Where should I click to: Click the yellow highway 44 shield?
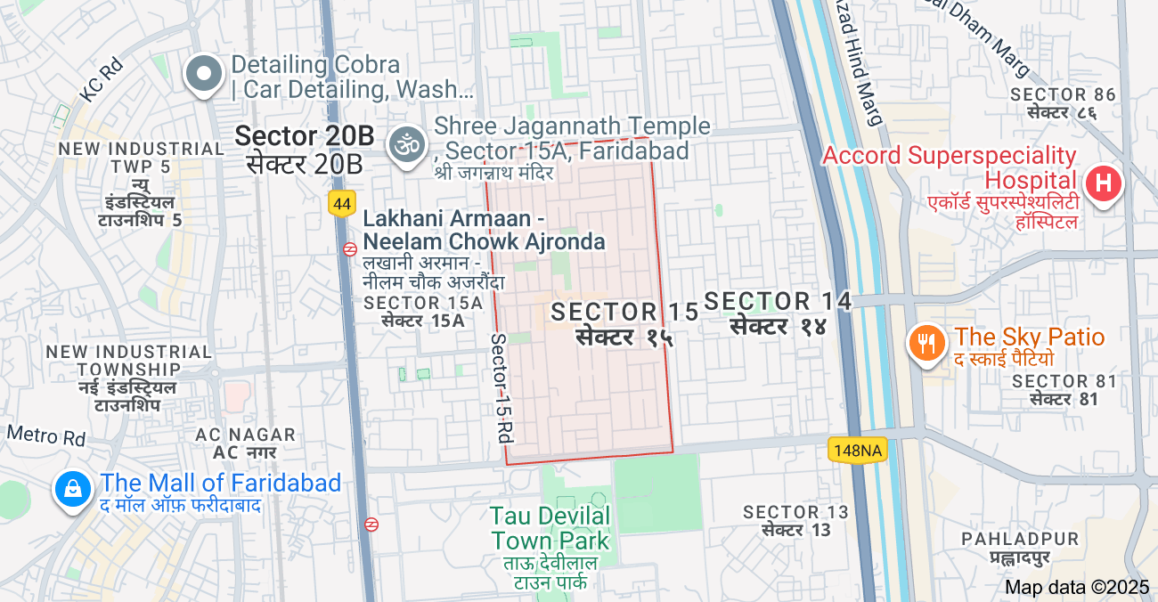click(x=341, y=204)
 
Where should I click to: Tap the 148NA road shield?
click(x=859, y=451)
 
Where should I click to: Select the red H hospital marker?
click(x=1103, y=184)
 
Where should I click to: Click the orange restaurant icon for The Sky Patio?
click(x=927, y=343)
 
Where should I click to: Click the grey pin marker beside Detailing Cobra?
click(x=204, y=74)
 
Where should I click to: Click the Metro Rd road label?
click(x=46, y=435)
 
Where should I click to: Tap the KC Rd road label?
click(x=100, y=80)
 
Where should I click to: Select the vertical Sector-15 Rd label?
click(x=502, y=388)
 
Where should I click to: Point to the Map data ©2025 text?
click(x=1077, y=587)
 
